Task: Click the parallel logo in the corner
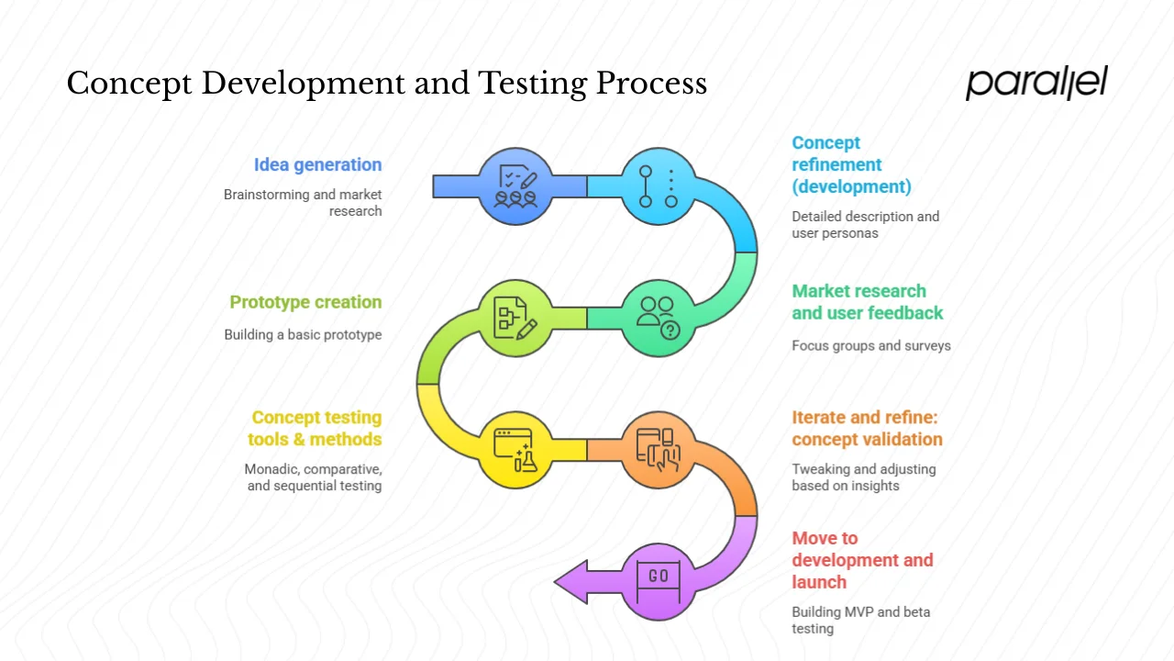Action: pos(1036,83)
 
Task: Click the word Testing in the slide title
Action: pos(531,84)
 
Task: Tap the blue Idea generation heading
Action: pos(317,165)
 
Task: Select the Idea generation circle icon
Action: pos(515,186)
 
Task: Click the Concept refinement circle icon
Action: pos(659,186)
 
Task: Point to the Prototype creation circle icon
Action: pos(515,318)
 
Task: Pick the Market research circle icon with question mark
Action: pos(659,318)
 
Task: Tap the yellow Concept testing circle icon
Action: pos(515,449)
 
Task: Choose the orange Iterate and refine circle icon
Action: pos(659,449)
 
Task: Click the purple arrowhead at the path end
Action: pos(570,581)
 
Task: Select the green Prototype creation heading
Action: pos(305,303)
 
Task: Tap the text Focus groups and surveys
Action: pos(870,346)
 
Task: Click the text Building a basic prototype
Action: pos(303,335)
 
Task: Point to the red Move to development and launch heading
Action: pos(862,560)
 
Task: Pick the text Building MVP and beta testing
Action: pos(860,621)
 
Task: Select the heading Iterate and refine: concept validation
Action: pos(867,428)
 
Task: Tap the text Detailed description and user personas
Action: pos(865,225)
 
